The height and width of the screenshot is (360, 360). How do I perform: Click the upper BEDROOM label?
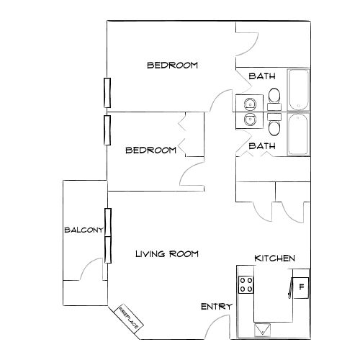(x=172, y=65)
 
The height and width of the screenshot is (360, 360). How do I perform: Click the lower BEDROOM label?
(x=150, y=150)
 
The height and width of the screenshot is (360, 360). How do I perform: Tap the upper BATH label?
(x=261, y=76)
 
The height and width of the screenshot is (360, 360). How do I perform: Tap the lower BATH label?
(x=261, y=146)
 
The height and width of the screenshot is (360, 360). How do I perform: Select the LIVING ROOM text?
(x=168, y=254)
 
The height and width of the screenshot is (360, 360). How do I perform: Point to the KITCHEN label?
(x=274, y=258)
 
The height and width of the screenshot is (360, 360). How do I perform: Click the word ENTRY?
(x=216, y=307)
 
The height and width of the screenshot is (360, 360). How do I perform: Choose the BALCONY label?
(x=84, y=230)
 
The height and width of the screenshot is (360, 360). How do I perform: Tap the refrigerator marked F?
(x=300, y=287)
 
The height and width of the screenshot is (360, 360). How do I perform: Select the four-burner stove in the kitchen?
(x=246, y=285)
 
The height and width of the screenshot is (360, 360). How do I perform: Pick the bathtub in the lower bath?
(x=297, y=134)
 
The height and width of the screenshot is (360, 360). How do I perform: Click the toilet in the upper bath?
(x=274, y=94)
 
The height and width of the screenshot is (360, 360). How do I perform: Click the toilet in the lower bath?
(x=274, y=127)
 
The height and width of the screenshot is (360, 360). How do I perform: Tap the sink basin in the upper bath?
(x=249, y=102)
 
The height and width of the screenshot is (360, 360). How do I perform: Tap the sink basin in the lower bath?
(x=249, y=120)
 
